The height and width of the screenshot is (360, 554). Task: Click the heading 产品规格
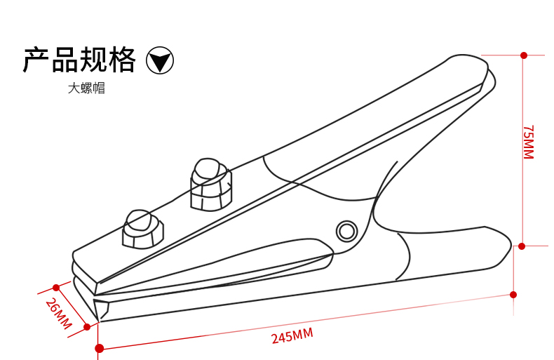[x=79, y=60]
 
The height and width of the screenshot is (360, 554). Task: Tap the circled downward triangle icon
[x=160, y=61]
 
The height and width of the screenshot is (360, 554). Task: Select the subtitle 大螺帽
[x=86, y=88]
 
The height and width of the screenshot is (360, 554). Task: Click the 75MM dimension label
[x=528, y=142]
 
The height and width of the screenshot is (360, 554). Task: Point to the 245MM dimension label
[x=292, y=336]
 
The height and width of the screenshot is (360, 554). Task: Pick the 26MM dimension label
[x=58, y=313]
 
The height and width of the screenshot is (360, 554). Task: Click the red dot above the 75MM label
[x=524, y=55]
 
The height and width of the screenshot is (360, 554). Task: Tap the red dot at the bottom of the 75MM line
[x=522, y=246]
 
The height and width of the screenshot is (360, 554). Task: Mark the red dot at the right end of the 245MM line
[x=513, y=294]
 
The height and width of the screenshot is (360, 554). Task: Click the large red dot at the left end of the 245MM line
[x=100, y=348]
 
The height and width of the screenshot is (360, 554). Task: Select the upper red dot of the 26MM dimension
[x=56, y=287]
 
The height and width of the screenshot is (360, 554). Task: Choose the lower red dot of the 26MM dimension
[x=87, y=326]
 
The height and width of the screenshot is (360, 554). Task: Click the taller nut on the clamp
[x=210, y=185]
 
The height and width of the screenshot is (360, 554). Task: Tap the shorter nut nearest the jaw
[x=142, y=229]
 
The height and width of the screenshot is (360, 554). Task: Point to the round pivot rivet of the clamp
[x=346, y=231]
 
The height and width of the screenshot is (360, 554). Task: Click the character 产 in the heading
[x=36, y=60]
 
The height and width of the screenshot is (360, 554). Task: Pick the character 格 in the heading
[x=122, y=60]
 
